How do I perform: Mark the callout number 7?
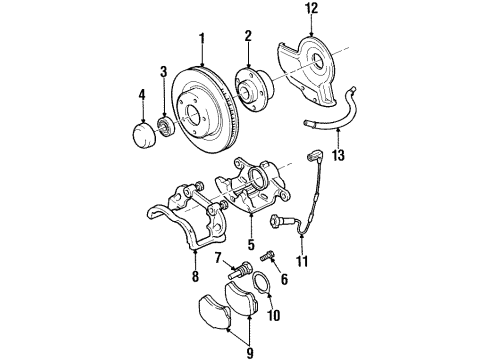pyautogui.click(x=216, y=258)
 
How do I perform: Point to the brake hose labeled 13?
pyautogui.click(x=340, y=115)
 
